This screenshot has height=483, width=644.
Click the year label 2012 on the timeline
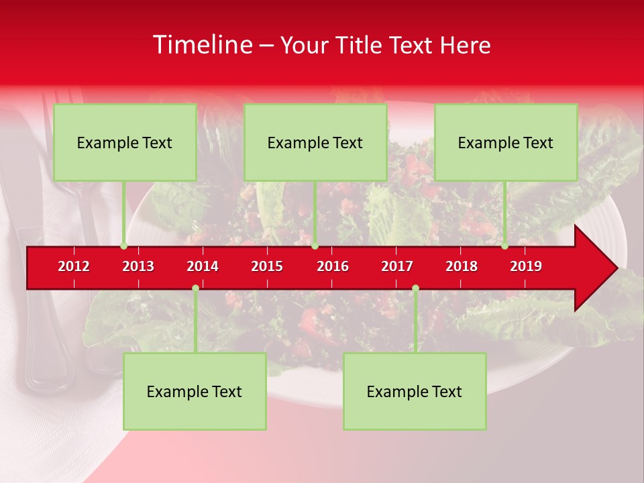coord(74,266)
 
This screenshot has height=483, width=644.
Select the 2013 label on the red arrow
coord(138,266)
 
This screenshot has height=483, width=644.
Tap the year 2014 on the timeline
coord(203,266)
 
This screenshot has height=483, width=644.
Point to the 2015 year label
coord(267,266)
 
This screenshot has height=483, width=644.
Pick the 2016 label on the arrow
coord(333,266)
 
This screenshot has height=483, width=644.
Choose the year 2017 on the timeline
coord(397,266)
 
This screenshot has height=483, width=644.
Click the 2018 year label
coord(462,266)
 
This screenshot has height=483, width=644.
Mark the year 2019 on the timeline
coord(526,266)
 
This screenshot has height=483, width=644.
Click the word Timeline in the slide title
coord(201,45)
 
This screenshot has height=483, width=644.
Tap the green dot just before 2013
coord(123,246)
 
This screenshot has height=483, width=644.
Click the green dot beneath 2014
coord(195,288)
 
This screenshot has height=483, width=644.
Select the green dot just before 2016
coord(315,246)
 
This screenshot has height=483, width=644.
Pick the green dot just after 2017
coord(415,288)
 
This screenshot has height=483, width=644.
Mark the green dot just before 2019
coord(504,246)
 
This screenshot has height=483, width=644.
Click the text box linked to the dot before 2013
coord(125,142)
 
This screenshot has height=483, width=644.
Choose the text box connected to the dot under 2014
coord(195,391)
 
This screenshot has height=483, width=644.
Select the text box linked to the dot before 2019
coord(506,142)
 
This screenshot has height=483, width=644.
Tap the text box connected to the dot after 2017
coord(415,391)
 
